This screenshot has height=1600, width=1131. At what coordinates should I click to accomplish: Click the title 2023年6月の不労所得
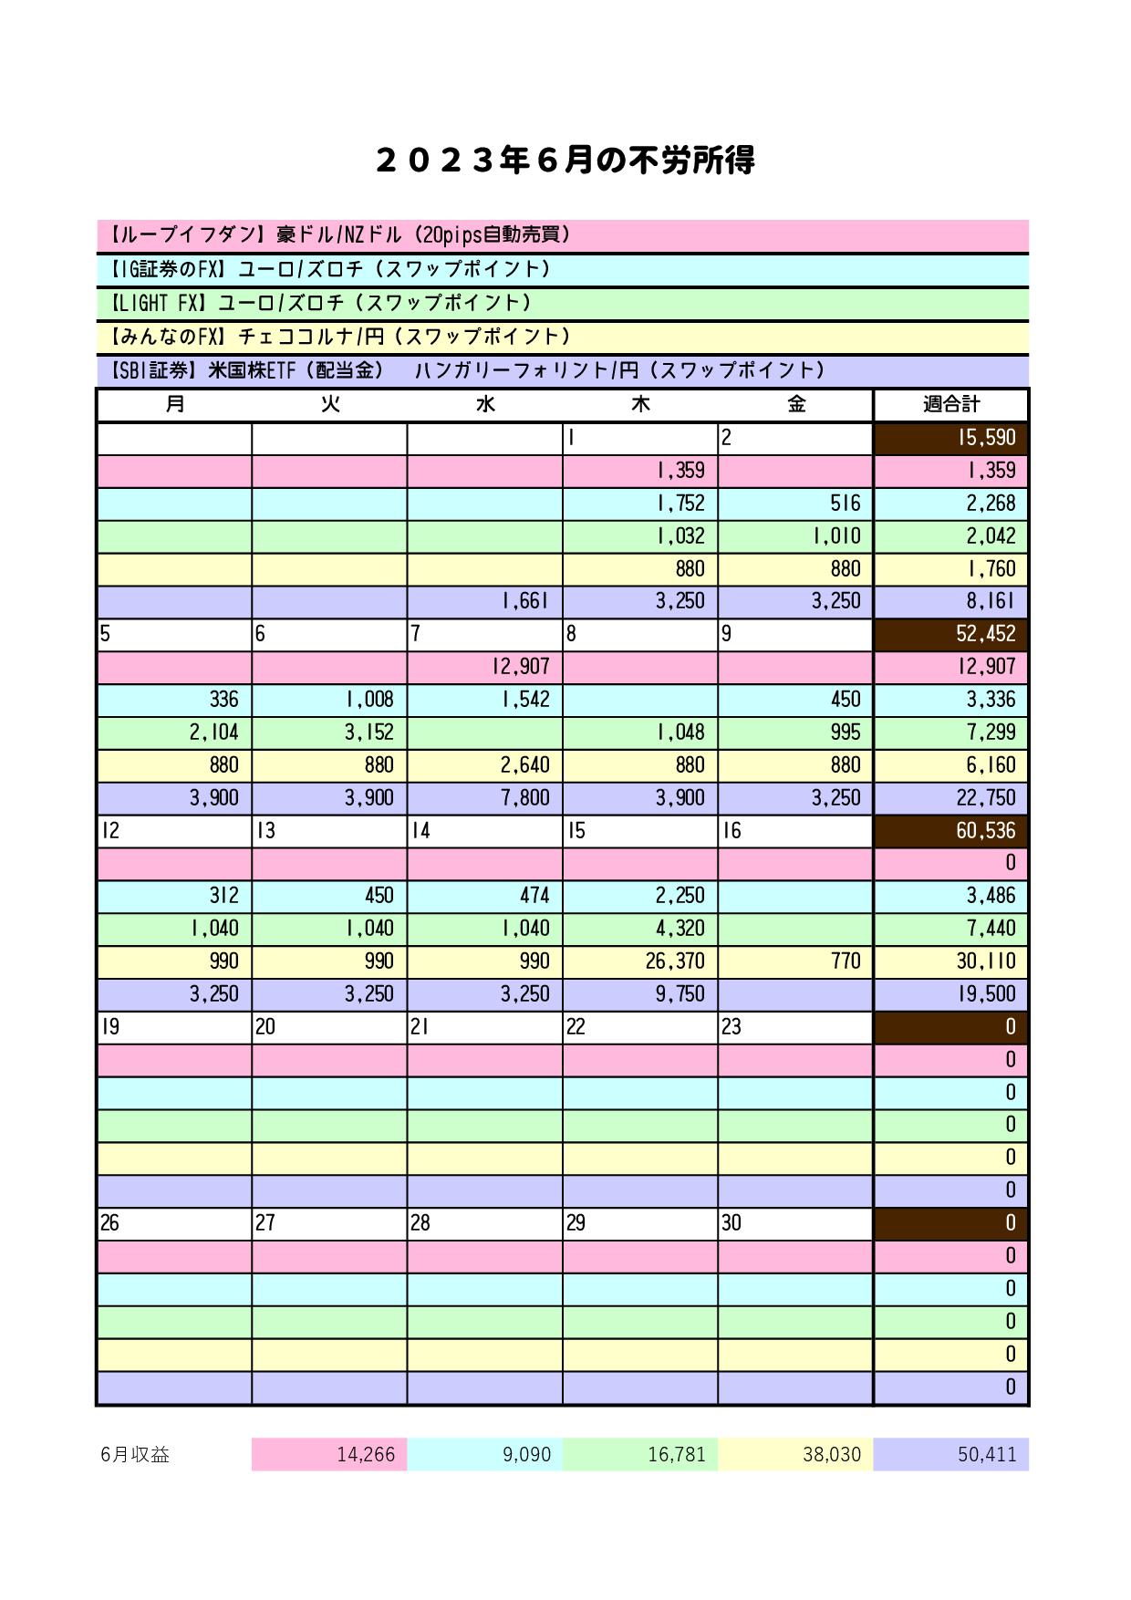pos(565,161)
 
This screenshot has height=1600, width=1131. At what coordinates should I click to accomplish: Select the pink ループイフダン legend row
pos(562,235)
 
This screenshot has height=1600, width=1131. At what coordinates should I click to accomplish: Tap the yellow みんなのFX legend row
pos(562,337)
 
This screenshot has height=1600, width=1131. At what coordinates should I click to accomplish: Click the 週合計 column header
pos(950,404)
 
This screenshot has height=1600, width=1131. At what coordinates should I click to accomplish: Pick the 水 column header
pos(484,404)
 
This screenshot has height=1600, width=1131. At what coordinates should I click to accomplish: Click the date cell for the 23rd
pos(794,1027)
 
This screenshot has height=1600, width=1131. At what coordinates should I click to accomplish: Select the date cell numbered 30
pos(794,1223)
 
